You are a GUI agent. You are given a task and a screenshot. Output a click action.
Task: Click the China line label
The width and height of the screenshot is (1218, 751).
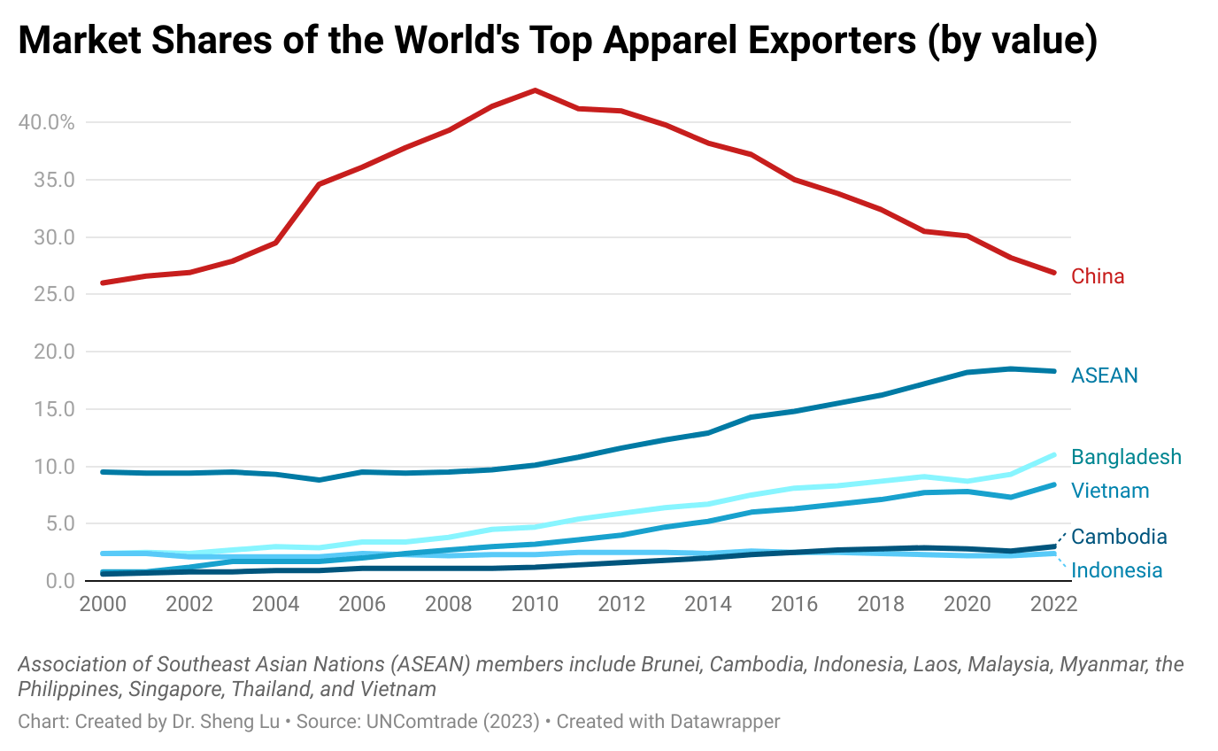point(1098,276)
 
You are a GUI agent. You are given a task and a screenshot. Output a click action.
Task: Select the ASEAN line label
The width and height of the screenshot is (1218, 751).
point(1104,375)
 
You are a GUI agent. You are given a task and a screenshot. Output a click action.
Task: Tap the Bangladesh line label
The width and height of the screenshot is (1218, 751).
point(1126,457)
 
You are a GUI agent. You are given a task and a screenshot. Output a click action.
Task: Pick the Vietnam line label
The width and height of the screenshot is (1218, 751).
point(1110,491)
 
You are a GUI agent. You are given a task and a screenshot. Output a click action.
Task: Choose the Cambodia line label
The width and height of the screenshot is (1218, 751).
point(1119,537)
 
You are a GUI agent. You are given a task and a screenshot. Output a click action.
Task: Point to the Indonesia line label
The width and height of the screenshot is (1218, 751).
point(1116,570)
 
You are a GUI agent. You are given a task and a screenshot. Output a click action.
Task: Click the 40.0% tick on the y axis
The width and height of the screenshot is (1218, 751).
point(46,122)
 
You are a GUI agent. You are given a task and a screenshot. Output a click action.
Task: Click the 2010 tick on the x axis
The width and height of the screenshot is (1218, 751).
point(536,604)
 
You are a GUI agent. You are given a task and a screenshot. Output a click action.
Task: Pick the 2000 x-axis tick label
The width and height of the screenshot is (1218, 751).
point(103,604)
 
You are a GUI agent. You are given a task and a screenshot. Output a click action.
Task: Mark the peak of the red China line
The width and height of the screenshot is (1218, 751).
point(536,90)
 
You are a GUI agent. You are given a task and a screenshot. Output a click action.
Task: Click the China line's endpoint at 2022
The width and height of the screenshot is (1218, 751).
point(1054,272)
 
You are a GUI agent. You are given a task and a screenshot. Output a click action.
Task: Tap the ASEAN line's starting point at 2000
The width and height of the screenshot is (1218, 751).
point(104,472)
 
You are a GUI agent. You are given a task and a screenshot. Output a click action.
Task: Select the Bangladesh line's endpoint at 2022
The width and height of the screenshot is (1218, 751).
point(1054,455)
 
